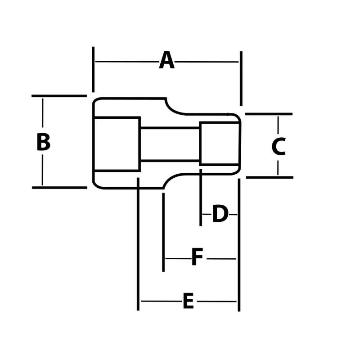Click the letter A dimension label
pos(166,61)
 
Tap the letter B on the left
pos(43,142)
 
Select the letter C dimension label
pos(279,147)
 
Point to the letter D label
pos(220,214)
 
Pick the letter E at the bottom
pos(188,301)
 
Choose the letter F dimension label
pos(197,258)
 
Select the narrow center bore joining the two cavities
pos(170,144)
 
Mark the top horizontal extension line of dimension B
pos(59,96)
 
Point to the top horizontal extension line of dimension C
pos(269,114)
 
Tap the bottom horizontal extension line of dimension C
pos(270,177)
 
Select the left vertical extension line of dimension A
pos(93,69)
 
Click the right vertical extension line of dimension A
pos(241,78)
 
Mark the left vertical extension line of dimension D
pos(201,198)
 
